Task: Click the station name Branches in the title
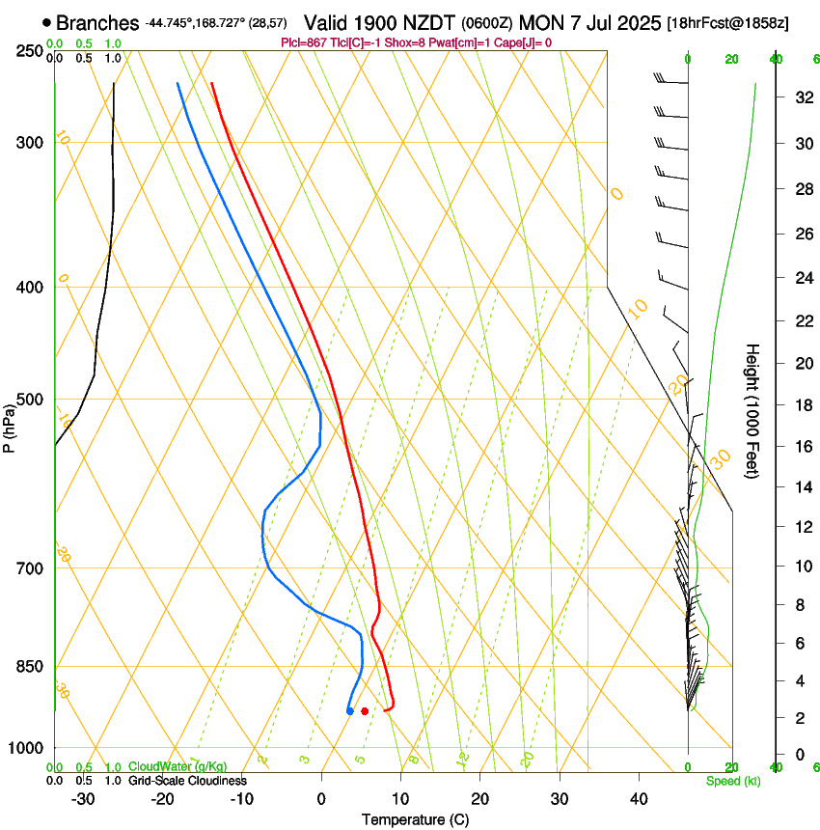[97, 22]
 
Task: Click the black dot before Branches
[45, 22]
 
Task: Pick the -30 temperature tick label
[83, 798]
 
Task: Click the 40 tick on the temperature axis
[639, 798]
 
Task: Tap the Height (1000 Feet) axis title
[753, 410]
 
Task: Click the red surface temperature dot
[365, 711]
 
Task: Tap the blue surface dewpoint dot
[349, 711]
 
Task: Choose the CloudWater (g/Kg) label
[178, 767]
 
